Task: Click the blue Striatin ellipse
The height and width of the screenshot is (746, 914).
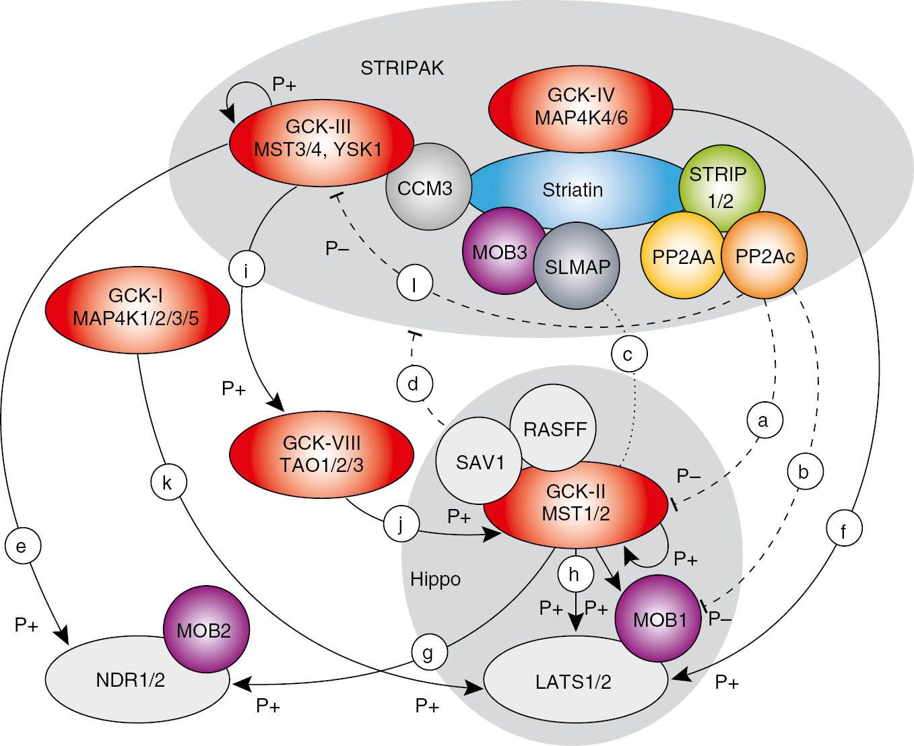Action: coord(573,190)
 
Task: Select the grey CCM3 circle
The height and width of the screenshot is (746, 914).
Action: coord(425,188)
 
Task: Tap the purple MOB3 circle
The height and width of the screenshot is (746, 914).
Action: coord(500,252)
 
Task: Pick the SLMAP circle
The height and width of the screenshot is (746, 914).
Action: coord(577,267)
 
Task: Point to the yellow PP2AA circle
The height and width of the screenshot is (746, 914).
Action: coord(682,257)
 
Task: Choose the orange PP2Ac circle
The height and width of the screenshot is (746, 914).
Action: coord(764,257)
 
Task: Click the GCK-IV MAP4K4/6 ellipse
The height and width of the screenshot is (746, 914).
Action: coord(581,107)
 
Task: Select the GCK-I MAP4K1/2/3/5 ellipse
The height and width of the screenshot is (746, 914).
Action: coord(137,308)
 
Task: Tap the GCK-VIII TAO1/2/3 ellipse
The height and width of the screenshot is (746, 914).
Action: coord(321,454)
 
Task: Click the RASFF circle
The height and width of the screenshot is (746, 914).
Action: coord(554,429)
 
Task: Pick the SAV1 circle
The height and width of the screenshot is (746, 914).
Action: coord(479,463)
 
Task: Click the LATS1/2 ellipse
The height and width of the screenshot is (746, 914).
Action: coord(574,681)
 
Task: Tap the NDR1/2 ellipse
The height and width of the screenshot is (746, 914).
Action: coord(131,680)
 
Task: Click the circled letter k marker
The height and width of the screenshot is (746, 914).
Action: coord(167,483)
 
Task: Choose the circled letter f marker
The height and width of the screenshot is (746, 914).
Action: coord(844,530)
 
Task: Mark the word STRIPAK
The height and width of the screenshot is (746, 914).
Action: coord(402,68)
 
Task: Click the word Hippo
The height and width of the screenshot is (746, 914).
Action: coord(435,579)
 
